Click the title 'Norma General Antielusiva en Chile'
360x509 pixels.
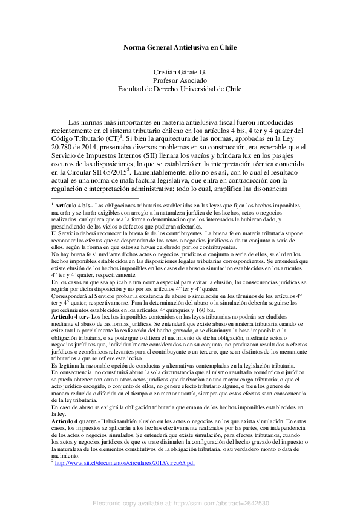point(180,47)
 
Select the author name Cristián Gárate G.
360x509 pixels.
point(180,71)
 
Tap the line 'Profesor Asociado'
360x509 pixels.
point(180,80)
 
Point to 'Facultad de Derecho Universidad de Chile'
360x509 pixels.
point(180,88)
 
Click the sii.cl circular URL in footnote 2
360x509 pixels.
point(125,462)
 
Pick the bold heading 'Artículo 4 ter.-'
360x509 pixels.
point(71,316)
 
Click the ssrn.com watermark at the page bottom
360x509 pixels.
point(180,503)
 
